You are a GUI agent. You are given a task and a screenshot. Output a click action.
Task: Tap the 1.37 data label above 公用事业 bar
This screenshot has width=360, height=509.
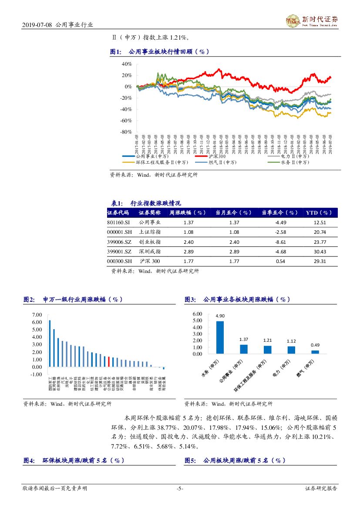click(x=243, y=339)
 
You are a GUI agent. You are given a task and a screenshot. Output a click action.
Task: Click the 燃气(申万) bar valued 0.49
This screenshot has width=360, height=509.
click(x=315, y=352)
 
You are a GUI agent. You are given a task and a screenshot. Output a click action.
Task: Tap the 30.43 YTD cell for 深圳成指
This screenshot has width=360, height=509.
click(x=320, y=252)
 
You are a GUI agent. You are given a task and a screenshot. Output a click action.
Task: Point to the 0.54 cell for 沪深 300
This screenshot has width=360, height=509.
click(x=280, y=261)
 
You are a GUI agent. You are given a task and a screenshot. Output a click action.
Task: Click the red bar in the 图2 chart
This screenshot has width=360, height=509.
click(x=109, y=362)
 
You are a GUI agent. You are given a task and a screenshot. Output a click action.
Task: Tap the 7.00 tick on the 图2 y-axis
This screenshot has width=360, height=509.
click(x=37, y=315)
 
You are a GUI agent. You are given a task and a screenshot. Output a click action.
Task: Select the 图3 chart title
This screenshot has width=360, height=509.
click(x=237, y=300)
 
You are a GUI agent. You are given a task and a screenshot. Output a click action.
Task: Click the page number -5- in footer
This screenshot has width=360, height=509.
click(x=180, y=489)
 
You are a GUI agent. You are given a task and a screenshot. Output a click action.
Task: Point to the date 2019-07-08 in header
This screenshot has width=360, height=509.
click(x=37, y=25)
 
